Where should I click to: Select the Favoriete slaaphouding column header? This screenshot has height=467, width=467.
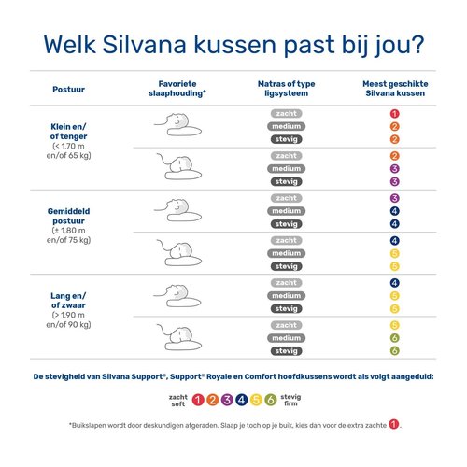tap(178, 90)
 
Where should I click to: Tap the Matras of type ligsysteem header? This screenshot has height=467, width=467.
tap(286, 90)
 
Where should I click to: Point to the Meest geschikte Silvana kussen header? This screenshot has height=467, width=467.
tap(395, 90)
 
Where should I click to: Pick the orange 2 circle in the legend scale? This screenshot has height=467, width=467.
tap(214, 401)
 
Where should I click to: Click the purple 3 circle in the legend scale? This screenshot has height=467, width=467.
tap(229, 401)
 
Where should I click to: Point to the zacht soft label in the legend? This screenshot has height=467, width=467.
tap(178, 401)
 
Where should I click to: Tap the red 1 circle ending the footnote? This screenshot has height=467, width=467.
tap(394, 424)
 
